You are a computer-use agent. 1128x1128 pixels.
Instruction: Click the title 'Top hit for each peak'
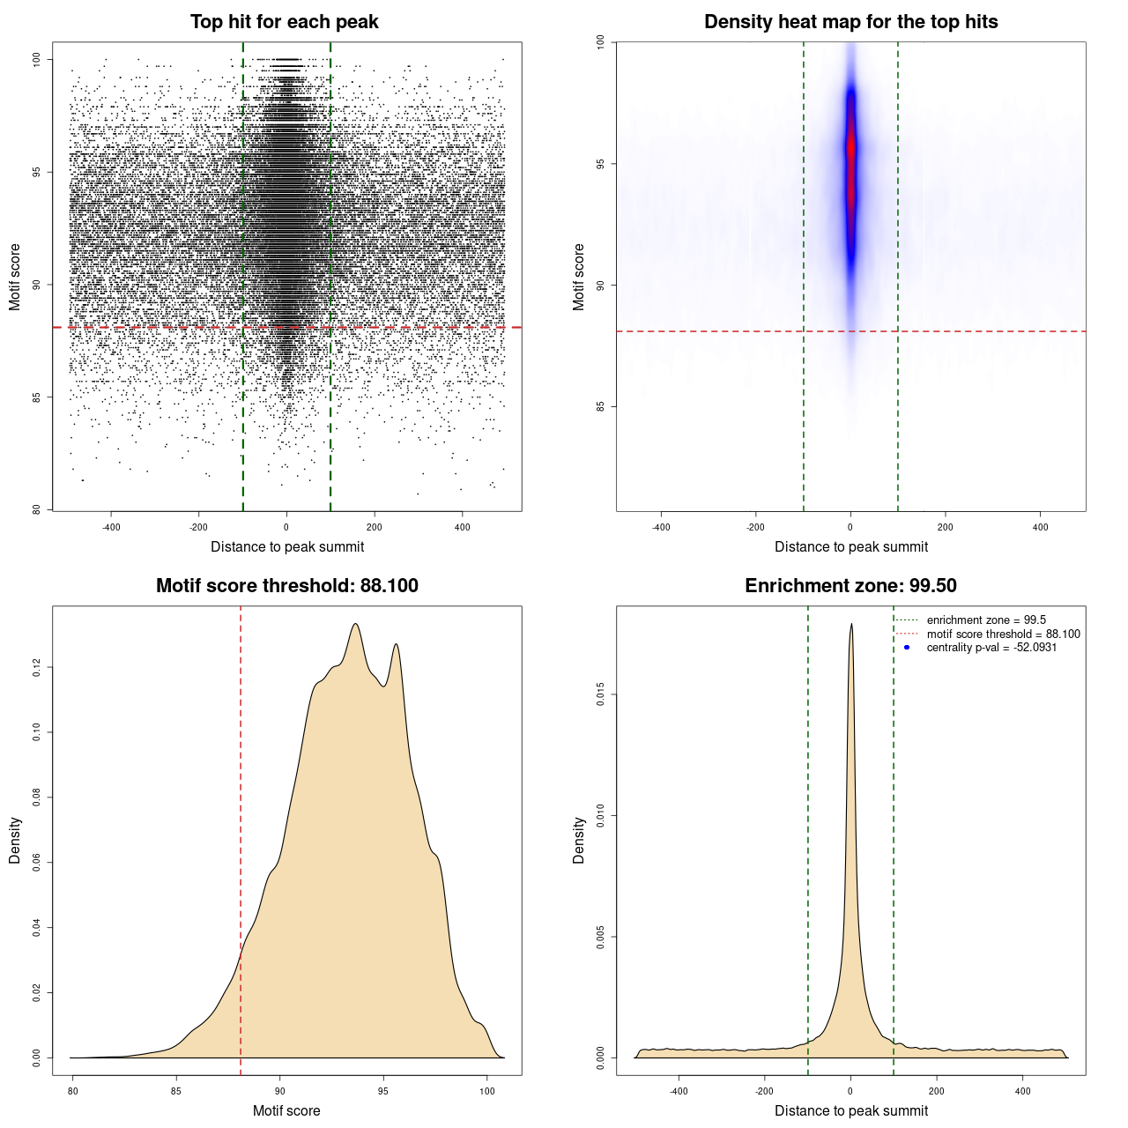click(x=285, y=22)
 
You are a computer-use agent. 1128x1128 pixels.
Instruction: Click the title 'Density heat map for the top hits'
click(x=850, y=22)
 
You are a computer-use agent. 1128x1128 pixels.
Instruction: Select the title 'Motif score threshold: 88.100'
click(x=286, y=586)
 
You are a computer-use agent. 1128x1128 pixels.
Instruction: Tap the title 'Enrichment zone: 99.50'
click(x=850, y=586)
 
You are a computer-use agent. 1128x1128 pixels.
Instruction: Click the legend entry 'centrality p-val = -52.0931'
click(x=991, y=648)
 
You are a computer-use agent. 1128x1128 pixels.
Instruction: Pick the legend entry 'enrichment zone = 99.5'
click(x=986, y=620)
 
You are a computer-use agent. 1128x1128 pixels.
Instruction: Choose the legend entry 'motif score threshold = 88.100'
click(x=1003, y=634)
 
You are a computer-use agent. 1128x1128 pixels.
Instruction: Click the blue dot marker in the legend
click(x=907, y=648)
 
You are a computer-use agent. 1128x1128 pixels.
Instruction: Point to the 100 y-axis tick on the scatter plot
click(x=37, y=59)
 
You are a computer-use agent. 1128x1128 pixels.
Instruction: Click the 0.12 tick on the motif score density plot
click(x=37, y=668)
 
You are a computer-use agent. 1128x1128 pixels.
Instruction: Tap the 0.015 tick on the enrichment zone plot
click(x=601, y=695)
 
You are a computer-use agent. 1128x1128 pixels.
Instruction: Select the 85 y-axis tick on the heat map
click(x=601, y=406)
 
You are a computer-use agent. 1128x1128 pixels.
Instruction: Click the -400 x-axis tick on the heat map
click(x=661, y=527)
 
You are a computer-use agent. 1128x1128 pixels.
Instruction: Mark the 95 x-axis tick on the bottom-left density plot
click(x=383, y=1091)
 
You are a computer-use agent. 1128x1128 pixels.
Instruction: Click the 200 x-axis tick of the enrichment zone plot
click(x=937, y=1091)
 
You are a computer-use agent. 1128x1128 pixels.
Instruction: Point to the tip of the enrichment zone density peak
click(x=851, y=625)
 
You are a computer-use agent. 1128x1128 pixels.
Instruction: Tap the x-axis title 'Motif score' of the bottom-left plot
click(x=286, y=1110)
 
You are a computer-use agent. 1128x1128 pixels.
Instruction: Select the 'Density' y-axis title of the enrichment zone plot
click(x=579, y=840)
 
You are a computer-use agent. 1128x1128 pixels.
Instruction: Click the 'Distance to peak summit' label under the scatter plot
click(x=287, y=546)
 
